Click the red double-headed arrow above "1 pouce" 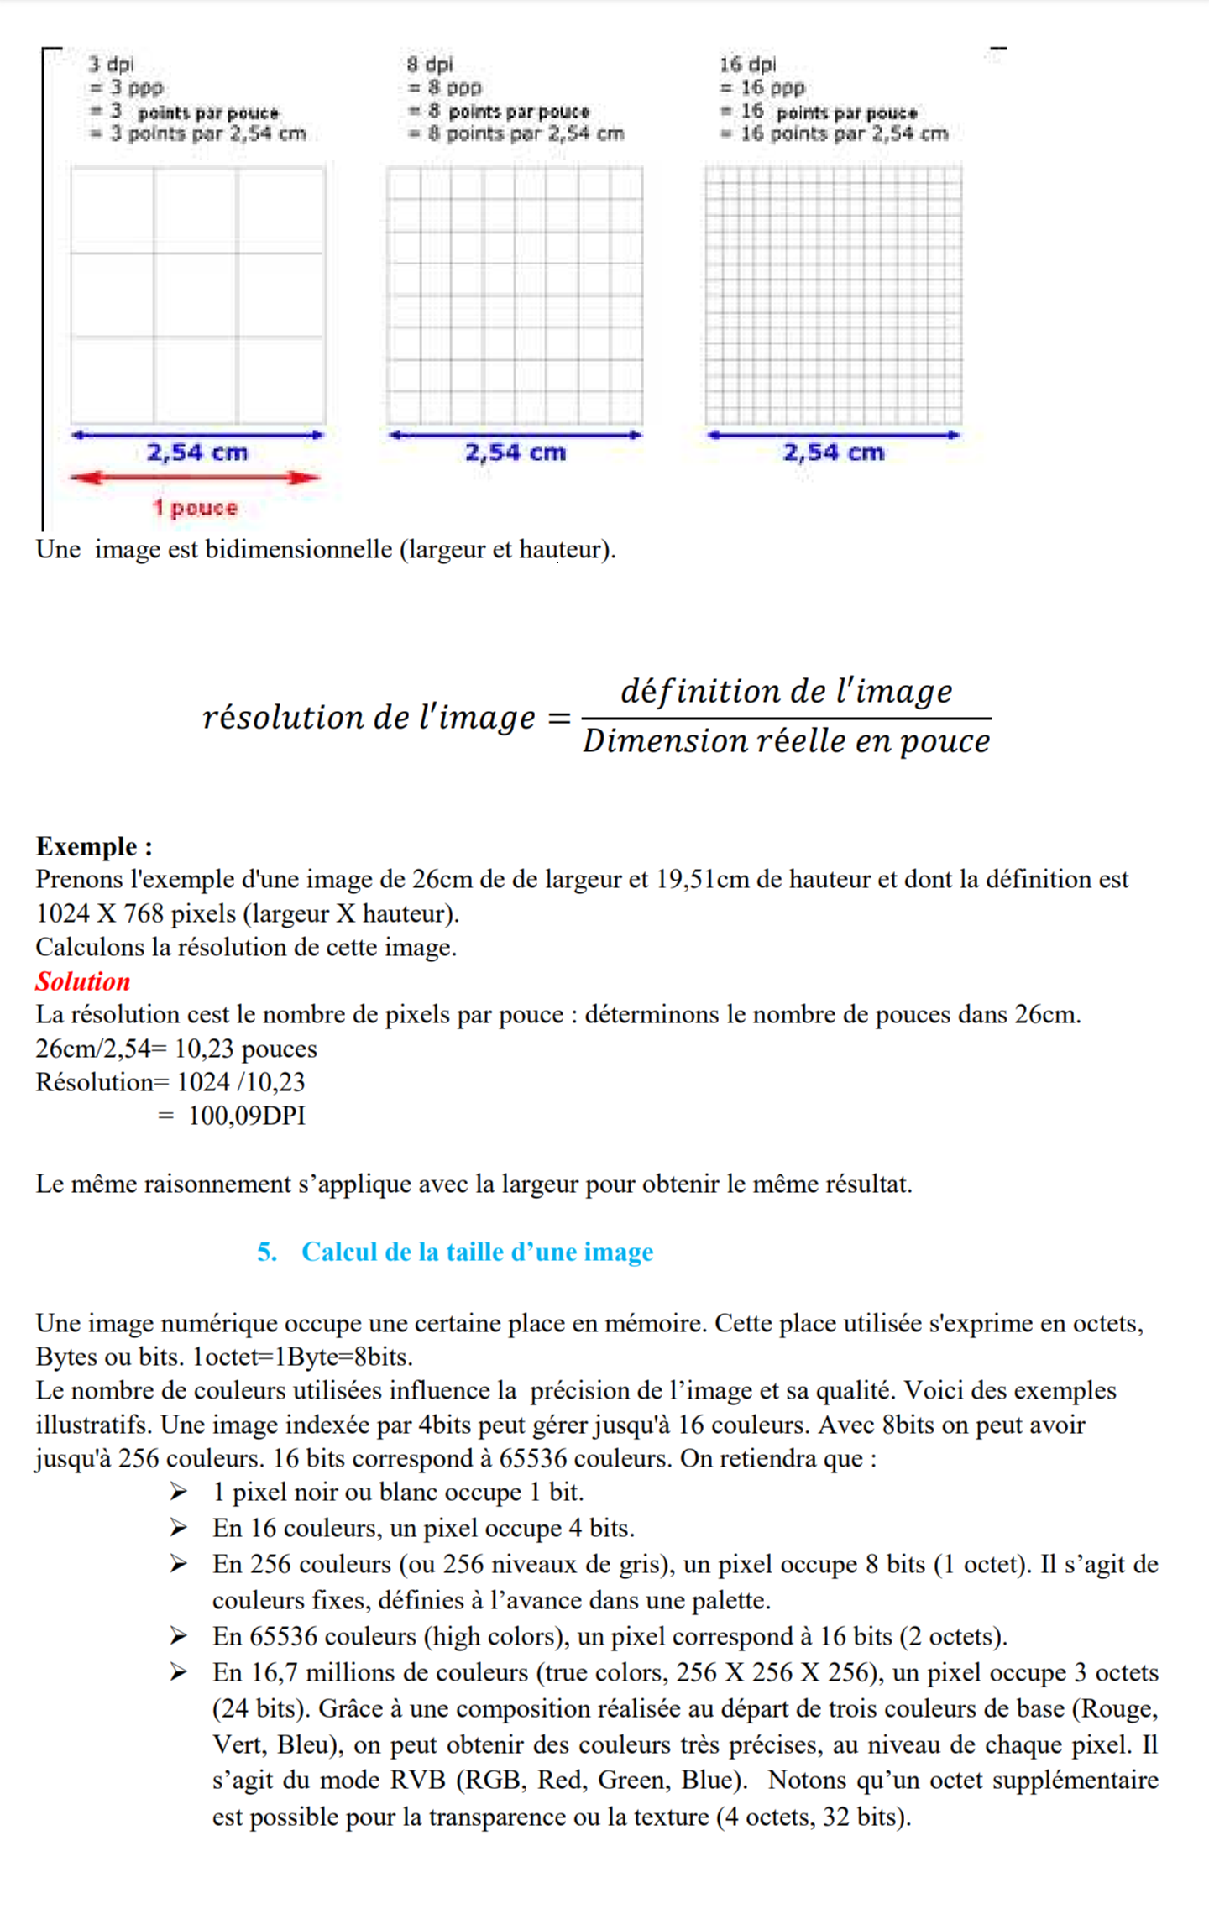pos(196,478)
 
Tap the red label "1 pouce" pos(195,508)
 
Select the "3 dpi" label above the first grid pos(111,64)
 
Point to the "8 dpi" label pos(429,64)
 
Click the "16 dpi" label pos(747,64)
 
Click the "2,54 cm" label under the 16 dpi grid pos(833,452)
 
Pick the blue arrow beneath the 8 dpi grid pos(515,435)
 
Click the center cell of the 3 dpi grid pos(195,295)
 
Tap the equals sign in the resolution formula pos(558,719)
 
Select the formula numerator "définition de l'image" pos(787,691)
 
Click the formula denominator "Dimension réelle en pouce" pos(787,741)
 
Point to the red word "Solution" pos(83,981)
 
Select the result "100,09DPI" pos(247,1116)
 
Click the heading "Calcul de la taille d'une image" pos(477,1252)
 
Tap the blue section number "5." pos(267,1252)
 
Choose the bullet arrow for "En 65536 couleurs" pos(178,1635)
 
